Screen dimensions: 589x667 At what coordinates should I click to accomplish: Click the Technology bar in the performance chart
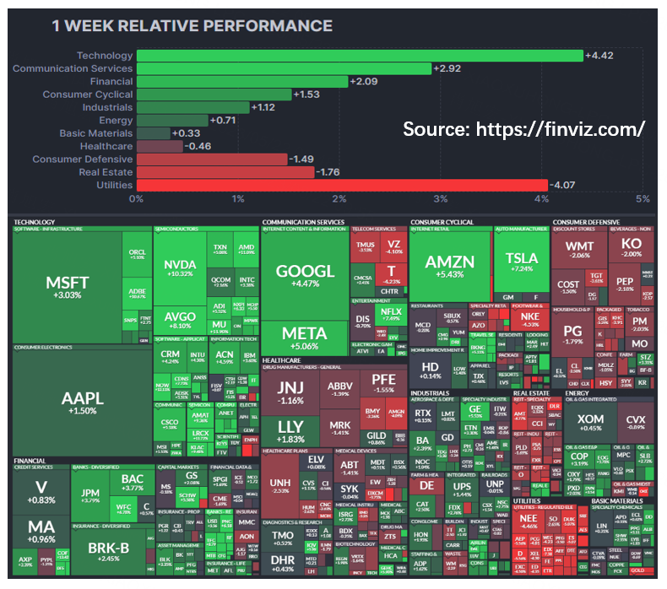tap(359, 56)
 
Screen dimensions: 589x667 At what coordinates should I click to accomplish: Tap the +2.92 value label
tap(447, 68)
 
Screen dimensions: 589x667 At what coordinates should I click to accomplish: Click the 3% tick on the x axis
tap(440, 199)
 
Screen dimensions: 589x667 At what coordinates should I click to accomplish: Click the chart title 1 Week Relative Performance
tap(192, 26)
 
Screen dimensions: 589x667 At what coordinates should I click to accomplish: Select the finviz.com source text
tap(523, 129)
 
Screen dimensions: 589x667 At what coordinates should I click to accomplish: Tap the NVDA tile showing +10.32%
tap(181, 268)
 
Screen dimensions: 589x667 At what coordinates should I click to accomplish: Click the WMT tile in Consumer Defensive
tap(579, 250)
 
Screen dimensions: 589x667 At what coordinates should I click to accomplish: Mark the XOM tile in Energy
tap(590, 423)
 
